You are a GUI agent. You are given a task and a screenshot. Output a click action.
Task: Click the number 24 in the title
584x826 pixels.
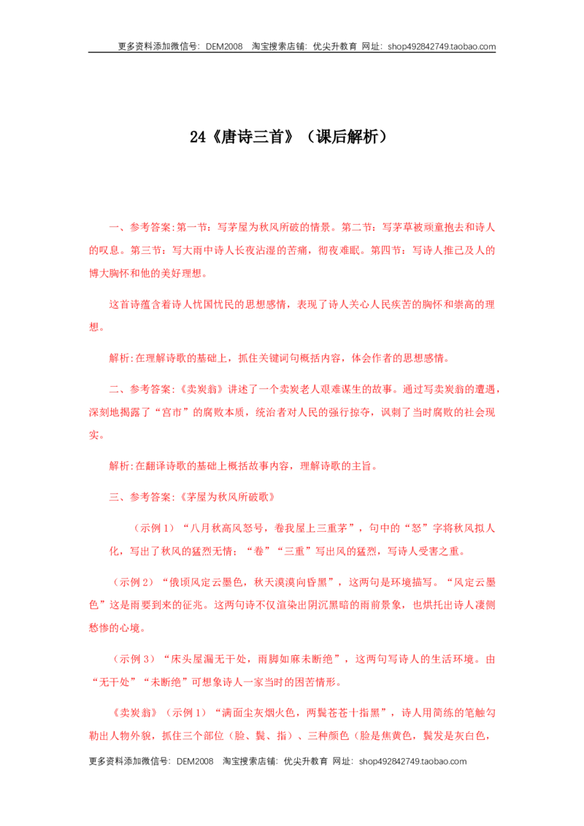click(198, 137)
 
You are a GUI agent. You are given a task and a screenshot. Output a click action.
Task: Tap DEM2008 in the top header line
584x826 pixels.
click(224, 47)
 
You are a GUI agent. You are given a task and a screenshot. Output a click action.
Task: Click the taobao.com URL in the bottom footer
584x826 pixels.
click(412, 761)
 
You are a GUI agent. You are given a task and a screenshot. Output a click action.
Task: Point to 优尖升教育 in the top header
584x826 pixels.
click(334, 47)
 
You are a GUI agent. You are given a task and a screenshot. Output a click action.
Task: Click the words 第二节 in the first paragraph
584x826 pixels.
click(357, 228)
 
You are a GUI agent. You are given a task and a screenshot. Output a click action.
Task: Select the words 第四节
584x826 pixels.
click(386, 250)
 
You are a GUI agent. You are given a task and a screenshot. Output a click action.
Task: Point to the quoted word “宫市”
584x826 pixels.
click(172, 412)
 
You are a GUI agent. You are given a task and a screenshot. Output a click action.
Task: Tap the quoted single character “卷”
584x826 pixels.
click(258, 552)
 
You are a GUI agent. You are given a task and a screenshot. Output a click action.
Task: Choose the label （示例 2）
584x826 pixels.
click(132, 582)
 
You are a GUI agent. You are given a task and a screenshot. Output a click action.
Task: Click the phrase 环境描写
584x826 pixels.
click(411, 582)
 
